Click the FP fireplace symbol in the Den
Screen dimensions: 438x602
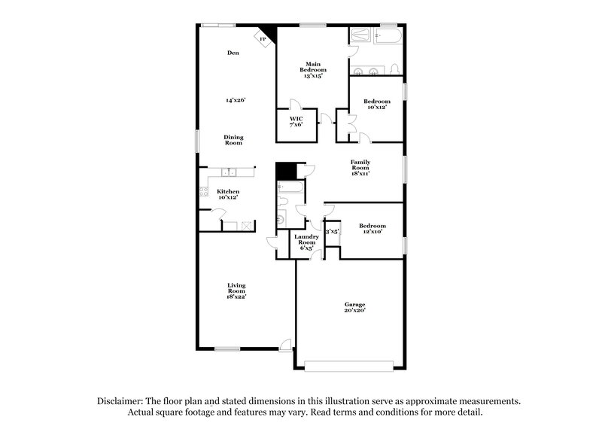coord(263,38)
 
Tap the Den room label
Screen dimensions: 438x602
coord(233,53)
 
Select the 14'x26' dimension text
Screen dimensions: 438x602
coord(236,99)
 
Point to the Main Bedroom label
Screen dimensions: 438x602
coord(314,70)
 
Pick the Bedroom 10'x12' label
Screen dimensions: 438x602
coord(376,104)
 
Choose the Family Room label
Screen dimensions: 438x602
coord(360,168)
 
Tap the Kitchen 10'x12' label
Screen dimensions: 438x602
coord(228,194)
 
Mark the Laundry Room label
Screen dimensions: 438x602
coord(306,240)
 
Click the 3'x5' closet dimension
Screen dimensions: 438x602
coord(332,232)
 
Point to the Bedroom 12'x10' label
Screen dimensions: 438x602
coord(372,229)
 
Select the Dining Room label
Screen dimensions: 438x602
coord(233,139)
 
